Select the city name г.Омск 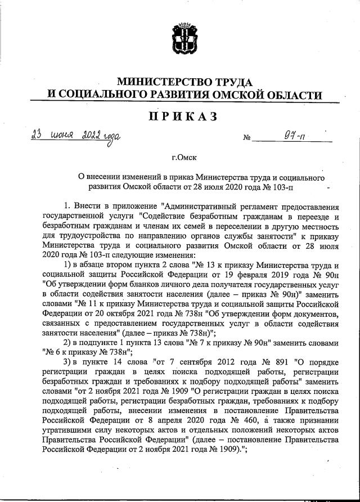(182, 159)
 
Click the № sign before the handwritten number (246, 138)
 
